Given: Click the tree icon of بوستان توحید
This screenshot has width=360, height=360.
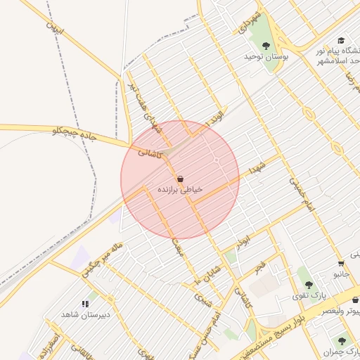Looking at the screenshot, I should (265, 46).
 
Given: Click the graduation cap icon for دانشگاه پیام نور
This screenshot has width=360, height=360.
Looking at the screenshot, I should (341, 41).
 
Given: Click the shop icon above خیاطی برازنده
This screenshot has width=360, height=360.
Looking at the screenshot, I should (181, 179).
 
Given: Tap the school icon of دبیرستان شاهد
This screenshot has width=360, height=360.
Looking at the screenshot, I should (86, 304).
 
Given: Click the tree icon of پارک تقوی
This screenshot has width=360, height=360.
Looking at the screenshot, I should (309, 285).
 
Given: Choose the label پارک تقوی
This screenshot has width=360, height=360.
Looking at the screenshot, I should (308, 295).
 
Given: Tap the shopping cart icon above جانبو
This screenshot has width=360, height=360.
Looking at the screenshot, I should (341, 263).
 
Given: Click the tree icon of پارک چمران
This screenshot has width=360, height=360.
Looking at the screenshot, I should (344, 340).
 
